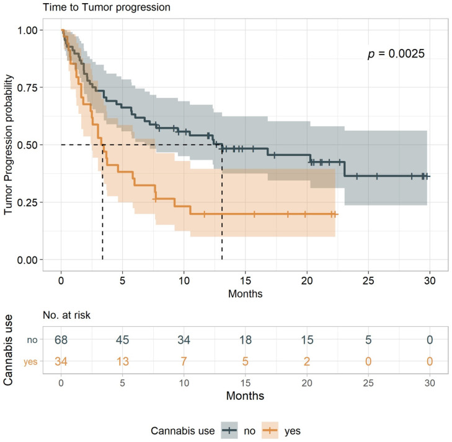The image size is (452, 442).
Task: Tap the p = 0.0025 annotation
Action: [396, 54]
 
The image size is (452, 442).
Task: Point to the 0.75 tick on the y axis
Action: [29, 88]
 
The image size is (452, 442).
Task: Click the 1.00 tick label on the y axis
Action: [29, 30]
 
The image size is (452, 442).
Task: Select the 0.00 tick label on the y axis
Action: [29, 259]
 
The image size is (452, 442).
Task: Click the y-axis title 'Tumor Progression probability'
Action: [9, 145]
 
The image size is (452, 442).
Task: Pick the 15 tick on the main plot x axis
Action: [245, 279]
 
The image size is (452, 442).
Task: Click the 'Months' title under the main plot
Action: [245, 293]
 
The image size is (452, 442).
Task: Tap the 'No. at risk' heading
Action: [66, 315]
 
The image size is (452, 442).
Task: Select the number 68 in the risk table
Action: [61, 340]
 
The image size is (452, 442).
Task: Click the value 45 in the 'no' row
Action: [123, 340]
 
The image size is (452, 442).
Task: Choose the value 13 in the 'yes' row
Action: [123, 362]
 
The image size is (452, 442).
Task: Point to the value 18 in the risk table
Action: [245, 340]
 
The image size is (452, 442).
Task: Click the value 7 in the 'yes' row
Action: [184, 362]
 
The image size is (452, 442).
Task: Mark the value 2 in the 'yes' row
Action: [306, 362]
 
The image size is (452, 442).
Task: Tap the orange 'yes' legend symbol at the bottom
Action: [268, 428]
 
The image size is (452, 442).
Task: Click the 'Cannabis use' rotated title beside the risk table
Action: [10, 351]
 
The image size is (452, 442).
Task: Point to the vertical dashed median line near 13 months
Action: [222, 204]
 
